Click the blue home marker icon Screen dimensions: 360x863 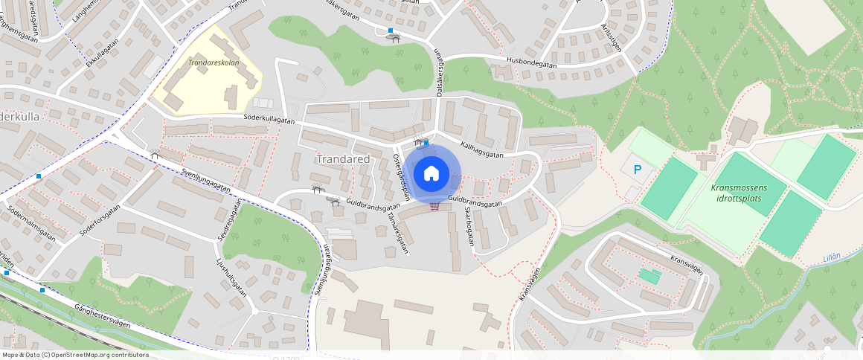click(431, 174)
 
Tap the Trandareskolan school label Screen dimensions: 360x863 click(214, 63)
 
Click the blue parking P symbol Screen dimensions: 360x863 click(638, 170)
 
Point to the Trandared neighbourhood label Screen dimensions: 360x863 click(343, 159)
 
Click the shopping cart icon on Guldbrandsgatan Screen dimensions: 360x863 click(434, 207)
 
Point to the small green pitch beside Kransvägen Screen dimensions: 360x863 click(649, 276)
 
